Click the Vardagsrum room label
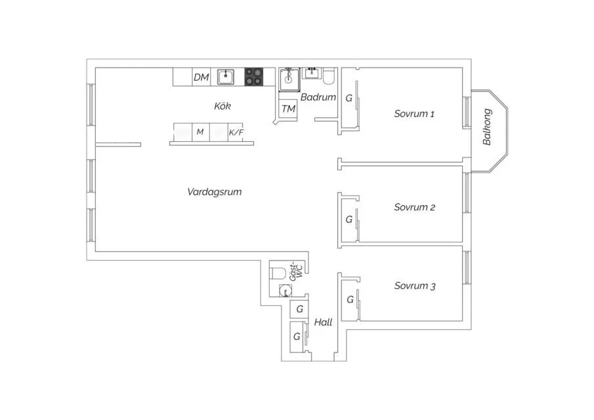(x=215, y=192)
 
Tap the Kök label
(x=223, y=106)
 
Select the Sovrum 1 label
(x=414, y=114)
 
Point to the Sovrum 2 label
(x=414, y=207)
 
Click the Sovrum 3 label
(x=415, y=286)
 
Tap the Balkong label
(x=487, y=127)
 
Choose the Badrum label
(x=318, y=97)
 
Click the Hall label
(x=323, y=322)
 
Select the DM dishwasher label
(x=201, y=77)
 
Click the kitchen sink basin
(x=225, y=77)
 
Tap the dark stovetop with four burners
(x=254, y=77)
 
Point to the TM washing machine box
(x=288, y=109)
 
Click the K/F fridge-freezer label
(x=236, y=133)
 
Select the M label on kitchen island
(x=200, y=132)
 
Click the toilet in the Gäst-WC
(x=278, y=273)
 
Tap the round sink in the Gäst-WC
(x=286, y=291)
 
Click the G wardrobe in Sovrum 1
(x=349, y=98)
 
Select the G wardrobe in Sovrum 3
(x=350, y=299)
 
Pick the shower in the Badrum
(x=289, y=79)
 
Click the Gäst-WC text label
(x=296, y=272)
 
